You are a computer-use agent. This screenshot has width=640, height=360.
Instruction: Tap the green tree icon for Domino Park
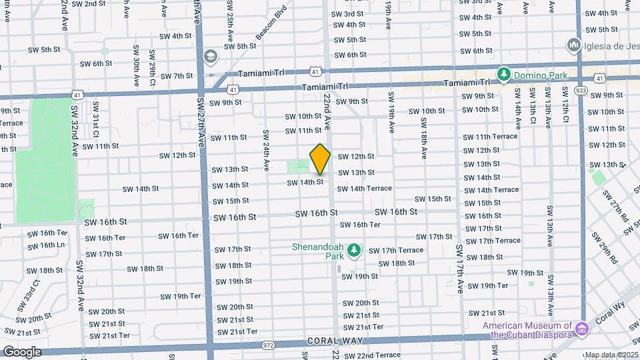505,75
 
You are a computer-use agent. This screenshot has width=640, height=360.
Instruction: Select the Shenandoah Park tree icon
355,251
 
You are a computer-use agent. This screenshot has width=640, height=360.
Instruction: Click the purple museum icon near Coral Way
582,329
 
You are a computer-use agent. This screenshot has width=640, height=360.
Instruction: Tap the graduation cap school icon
211,55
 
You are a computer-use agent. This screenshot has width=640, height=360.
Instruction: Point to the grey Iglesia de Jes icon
573,45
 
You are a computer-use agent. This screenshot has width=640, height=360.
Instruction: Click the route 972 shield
269,345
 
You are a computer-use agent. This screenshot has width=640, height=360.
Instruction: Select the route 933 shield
581,89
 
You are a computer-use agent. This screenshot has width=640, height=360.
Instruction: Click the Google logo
21,351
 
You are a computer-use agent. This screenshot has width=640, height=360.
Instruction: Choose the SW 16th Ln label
47,245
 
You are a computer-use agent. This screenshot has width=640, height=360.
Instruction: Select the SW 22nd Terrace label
375,355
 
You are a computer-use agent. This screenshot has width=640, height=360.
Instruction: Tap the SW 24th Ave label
266,148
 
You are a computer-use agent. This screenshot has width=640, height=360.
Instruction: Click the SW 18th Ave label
423,138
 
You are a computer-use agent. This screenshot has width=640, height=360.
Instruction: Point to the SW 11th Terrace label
490,137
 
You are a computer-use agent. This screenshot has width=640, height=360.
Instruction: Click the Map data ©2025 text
611,355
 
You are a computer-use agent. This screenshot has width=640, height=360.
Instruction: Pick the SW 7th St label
177,76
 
